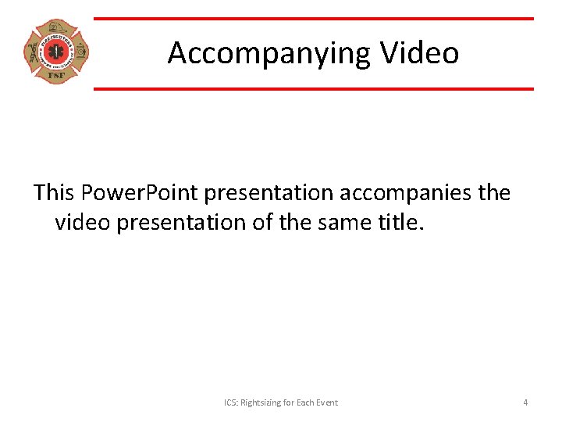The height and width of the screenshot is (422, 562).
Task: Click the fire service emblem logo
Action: pos(55,52)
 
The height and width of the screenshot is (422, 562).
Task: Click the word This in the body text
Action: pos(56,192)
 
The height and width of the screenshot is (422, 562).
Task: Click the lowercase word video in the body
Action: pos(84,223)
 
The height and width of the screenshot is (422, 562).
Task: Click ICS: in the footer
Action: pos(230,402)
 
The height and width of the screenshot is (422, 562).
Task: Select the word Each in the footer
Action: pos(311,402)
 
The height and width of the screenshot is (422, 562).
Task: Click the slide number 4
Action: pos(525,402)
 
